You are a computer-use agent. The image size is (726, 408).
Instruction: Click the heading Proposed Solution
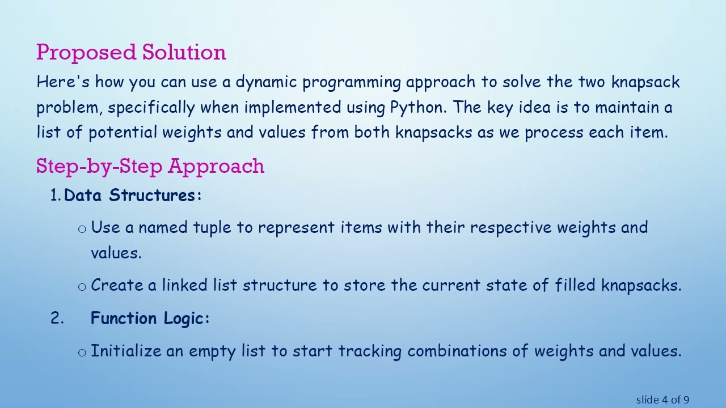131,52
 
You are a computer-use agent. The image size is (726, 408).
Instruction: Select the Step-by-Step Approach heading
150,166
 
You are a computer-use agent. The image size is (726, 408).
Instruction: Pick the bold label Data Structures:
133,195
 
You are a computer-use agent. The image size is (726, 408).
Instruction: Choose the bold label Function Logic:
150,318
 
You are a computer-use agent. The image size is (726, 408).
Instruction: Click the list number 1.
55,195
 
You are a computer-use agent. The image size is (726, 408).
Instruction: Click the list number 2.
56,318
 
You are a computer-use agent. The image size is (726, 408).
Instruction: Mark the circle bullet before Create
82,286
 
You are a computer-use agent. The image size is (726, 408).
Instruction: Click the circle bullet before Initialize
82,352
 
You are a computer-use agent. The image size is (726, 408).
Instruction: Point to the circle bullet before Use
82,229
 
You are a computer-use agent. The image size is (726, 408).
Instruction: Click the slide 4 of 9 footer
662,399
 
